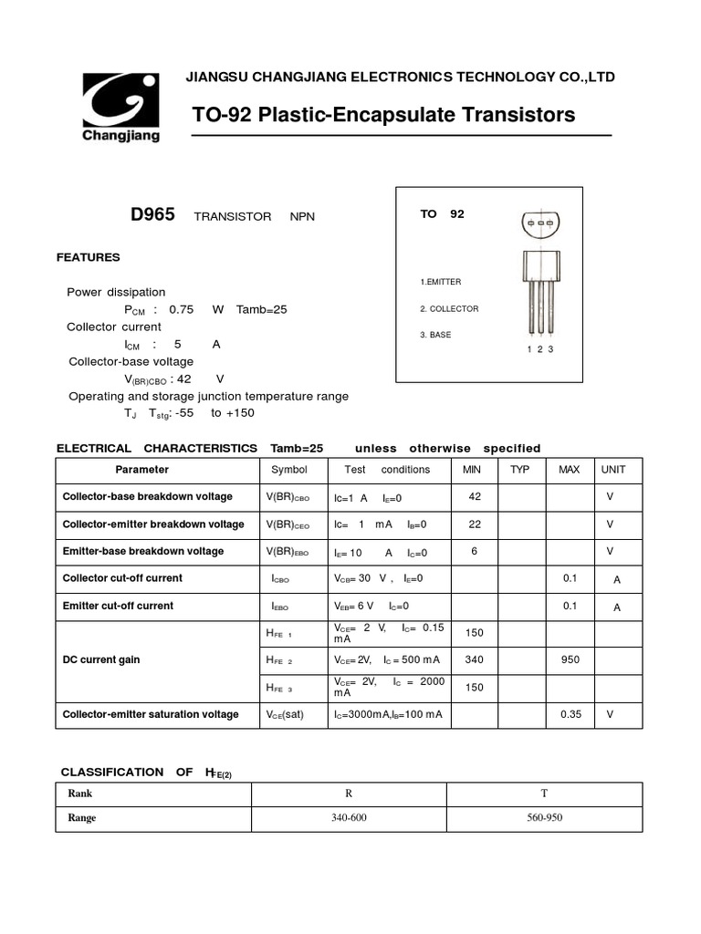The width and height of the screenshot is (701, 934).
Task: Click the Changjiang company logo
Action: [x=121, y=106]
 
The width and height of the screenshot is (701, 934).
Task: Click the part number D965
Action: [x=153, y=214]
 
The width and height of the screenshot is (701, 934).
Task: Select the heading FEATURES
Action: [x=89, y=257]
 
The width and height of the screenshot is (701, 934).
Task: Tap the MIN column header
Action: [x=472, y=470]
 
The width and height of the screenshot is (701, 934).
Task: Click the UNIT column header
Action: [x=612, y=470]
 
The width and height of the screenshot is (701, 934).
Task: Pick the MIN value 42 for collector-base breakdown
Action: [x=475, y=496]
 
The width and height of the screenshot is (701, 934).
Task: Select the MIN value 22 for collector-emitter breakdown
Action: [x=475, y=524]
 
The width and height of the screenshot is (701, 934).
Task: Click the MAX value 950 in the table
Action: [x=570, y=659]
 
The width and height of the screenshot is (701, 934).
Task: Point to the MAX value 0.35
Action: [x=570, y=714]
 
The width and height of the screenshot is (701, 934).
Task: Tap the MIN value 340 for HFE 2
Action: [x=475, y=659]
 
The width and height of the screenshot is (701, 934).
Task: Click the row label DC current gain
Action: [x=101, y=659]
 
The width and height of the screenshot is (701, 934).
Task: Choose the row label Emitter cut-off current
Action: [x=118, y=606]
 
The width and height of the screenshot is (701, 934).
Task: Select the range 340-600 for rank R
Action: [x=349, y=817]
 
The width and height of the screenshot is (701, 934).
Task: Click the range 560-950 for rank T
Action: [x=545, y=817]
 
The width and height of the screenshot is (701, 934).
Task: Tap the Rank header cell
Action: [x=80, y=794]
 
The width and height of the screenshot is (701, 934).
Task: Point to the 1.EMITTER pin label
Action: [x=441, y=282]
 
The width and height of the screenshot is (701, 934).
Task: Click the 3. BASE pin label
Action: [x=436, y=335]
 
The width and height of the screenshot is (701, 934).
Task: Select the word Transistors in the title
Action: [x=519, y=115]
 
